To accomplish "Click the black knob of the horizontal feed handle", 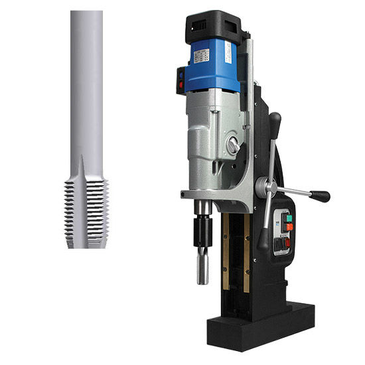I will (321, 196).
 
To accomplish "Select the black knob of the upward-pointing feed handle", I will (275, 121).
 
